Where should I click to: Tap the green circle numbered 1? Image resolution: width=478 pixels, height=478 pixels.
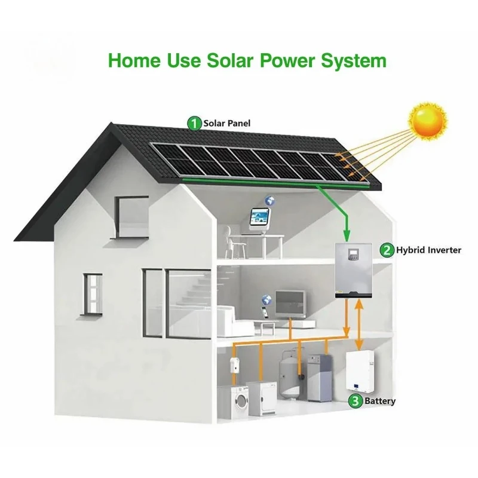(194, 123)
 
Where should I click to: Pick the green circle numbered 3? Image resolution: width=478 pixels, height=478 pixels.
(356, 401)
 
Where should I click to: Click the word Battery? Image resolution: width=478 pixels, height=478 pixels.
(380, 402)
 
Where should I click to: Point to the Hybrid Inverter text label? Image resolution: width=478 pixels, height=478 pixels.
(428, 250)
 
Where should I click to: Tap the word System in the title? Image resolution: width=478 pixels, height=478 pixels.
(353, 61)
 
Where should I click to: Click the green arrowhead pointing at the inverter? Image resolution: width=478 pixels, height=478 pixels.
(345, 238)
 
